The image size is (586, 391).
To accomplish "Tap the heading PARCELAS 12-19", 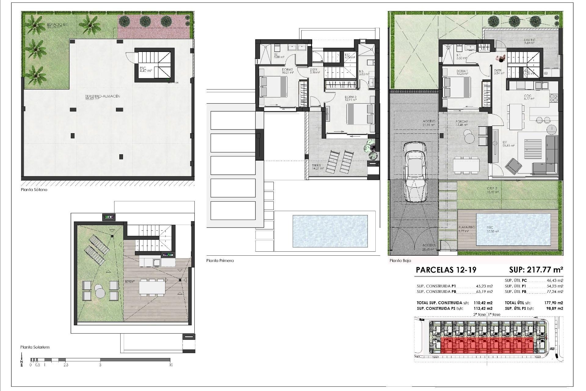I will pos(446,270).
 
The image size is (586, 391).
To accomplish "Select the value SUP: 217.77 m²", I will pos(536,270).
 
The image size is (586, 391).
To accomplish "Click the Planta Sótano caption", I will pos(34,190).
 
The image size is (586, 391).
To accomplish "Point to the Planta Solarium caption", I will pos(35,347).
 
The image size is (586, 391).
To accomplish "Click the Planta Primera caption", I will pos(220,261).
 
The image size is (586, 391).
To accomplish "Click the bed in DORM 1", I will pos(457,87).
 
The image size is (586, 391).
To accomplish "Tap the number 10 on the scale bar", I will pos(171,365).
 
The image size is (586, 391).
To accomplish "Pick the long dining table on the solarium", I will pos(152,287).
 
